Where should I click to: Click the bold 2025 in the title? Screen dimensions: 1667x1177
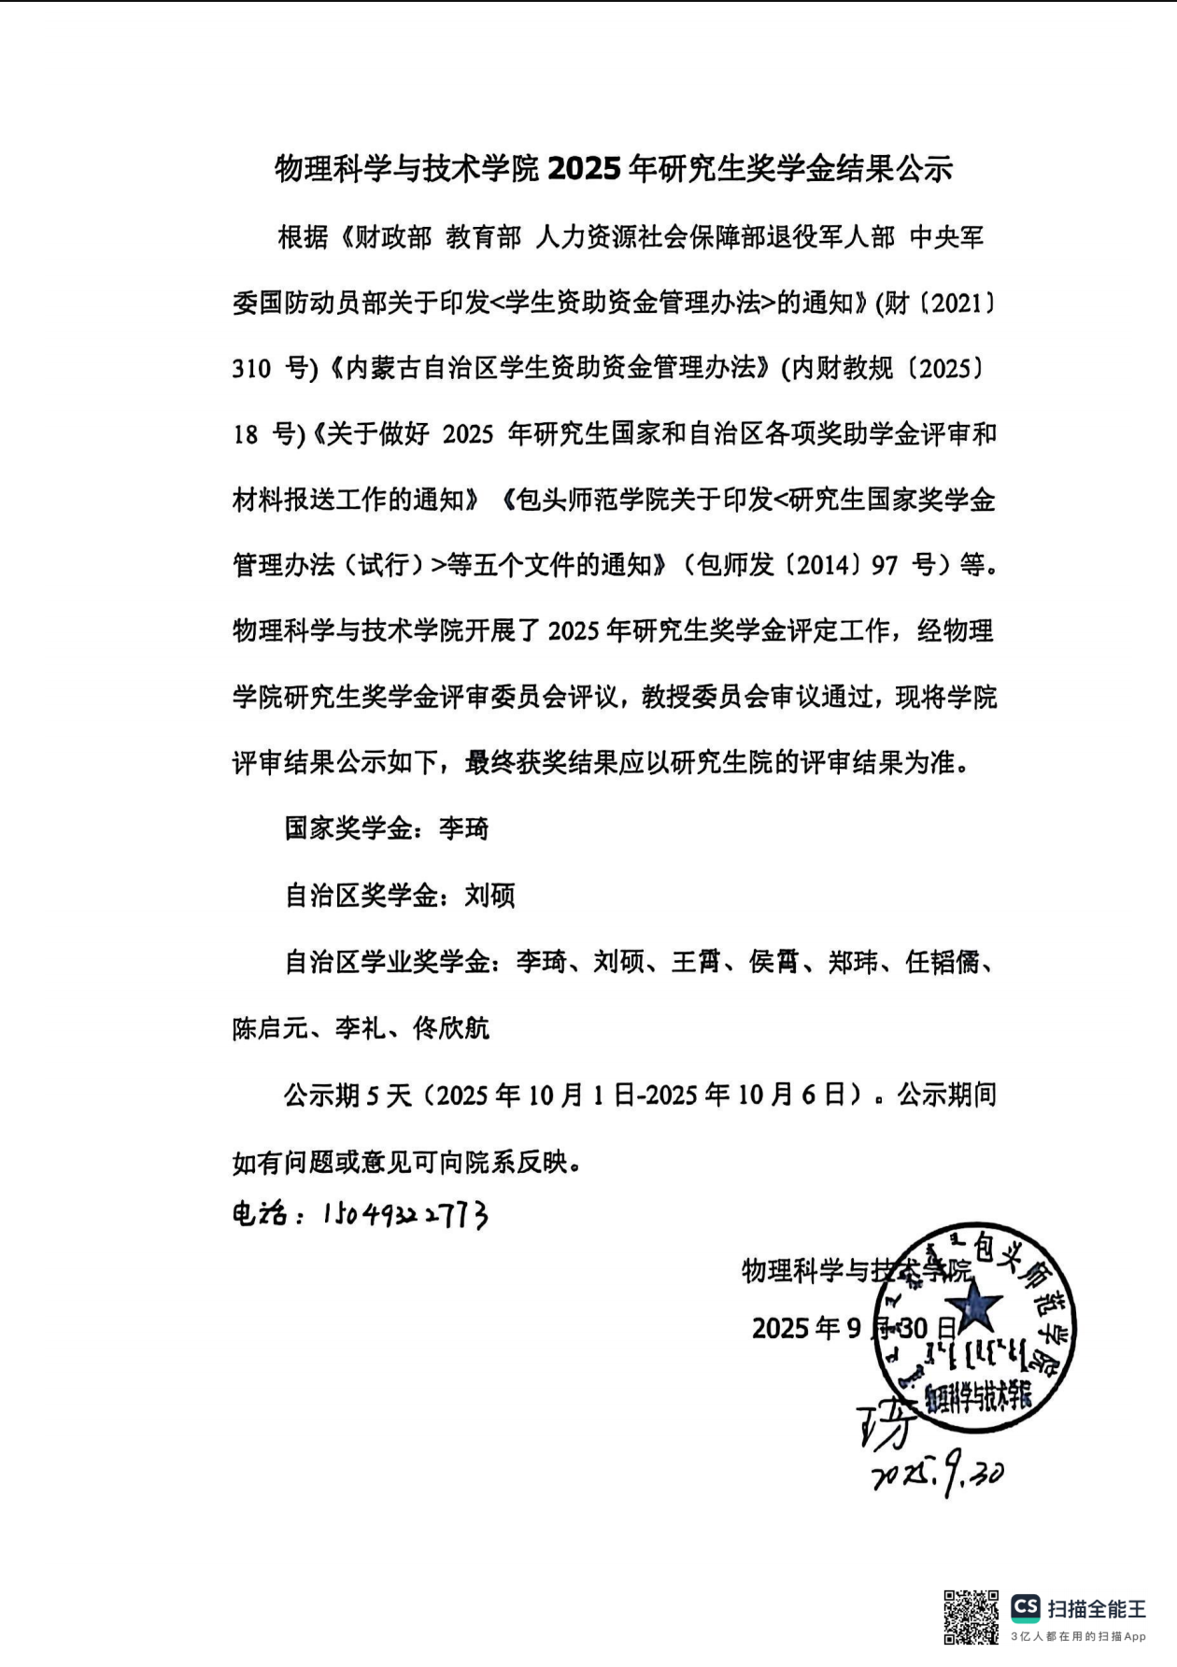point(584,170)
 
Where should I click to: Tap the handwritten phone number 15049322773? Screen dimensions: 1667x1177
point(405,1215)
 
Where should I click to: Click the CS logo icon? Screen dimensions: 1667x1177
point(1025,1607)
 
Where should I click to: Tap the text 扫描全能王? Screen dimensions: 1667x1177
point(1097,1608)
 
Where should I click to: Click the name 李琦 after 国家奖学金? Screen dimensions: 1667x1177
point(464,829)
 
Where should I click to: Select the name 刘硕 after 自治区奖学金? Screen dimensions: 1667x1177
point(489,897)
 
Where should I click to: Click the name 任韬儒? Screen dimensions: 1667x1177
point(943,962)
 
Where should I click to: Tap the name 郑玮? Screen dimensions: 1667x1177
point(853,962)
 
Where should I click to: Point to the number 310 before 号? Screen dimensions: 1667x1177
point(253,370)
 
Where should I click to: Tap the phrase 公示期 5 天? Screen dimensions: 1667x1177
point(347,1095)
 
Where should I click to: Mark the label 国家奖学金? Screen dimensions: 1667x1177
point(347,829)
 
